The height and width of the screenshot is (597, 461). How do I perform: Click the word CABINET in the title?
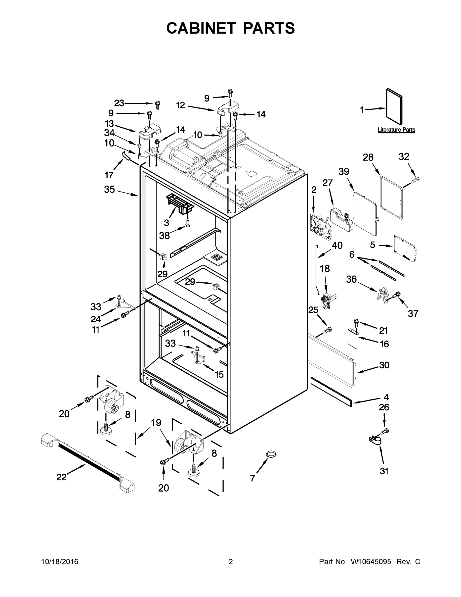click(201, 28)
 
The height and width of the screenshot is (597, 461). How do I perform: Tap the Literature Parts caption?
click(396, 130)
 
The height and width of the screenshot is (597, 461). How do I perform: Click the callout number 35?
click(109, 190)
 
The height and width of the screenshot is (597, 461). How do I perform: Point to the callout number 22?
click(61, 477)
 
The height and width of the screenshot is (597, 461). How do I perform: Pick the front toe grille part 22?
click(87, 462)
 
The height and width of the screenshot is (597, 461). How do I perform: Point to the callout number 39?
click(344, 172)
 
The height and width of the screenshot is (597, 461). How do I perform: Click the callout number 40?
click(337, 246)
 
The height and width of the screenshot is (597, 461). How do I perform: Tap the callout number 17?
click(109, 175)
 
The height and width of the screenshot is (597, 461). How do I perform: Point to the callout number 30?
click(384, 365)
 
